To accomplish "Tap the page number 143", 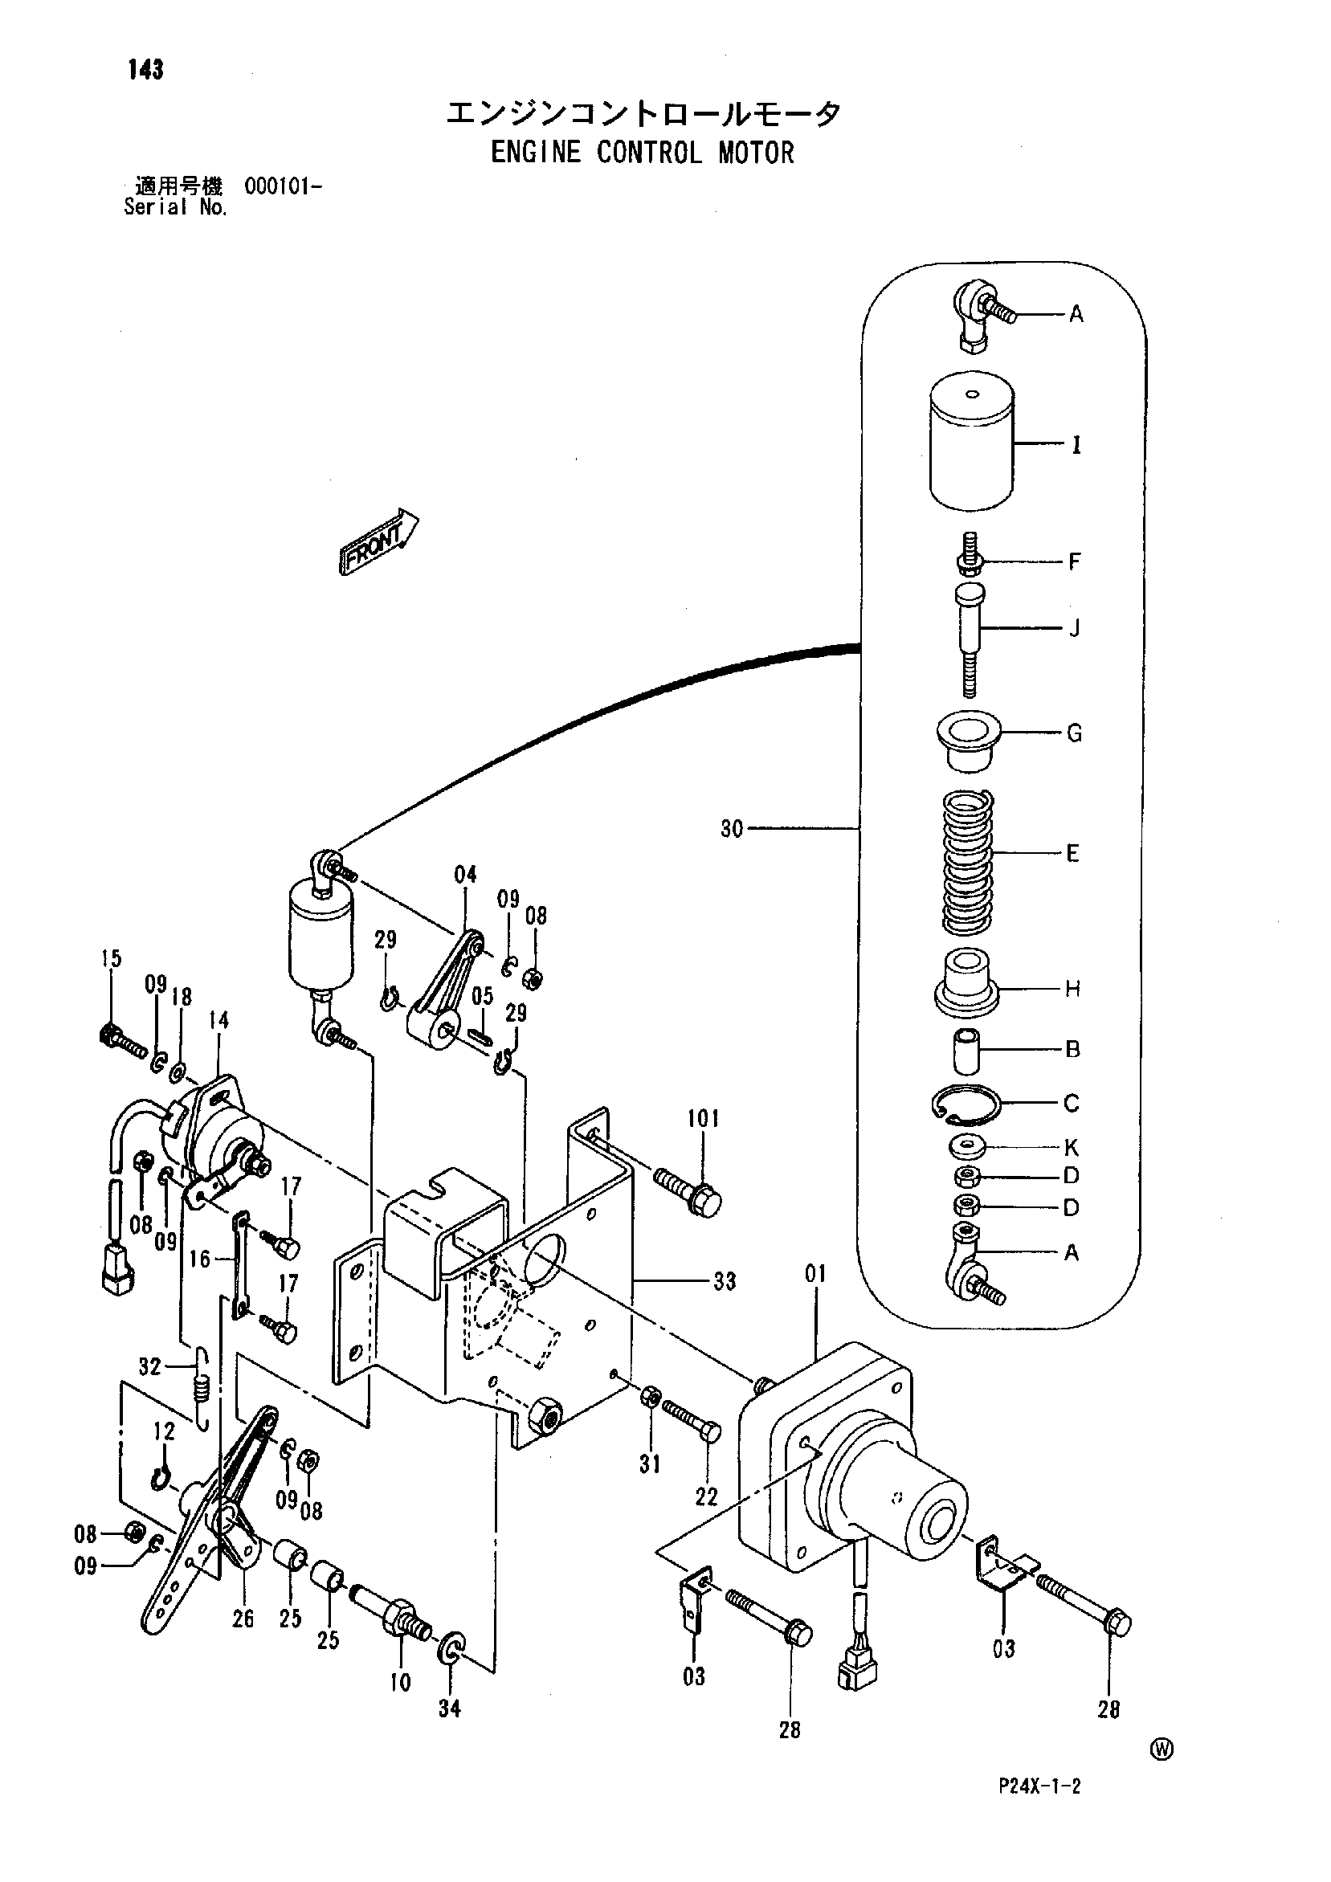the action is coord(146,70).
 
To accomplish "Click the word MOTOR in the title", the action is coord(756,153).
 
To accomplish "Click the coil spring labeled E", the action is coord(967,863).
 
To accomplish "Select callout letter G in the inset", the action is coord(1074,733).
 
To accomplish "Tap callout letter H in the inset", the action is coord(1072,989).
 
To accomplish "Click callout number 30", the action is coord(731,829).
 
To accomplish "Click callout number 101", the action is coord(703,1118).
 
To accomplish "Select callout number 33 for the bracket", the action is coord(725,1280).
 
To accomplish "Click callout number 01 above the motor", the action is coord(815,1274).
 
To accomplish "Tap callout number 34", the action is coord(449,1708).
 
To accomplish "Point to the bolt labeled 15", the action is coord(123,1039).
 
